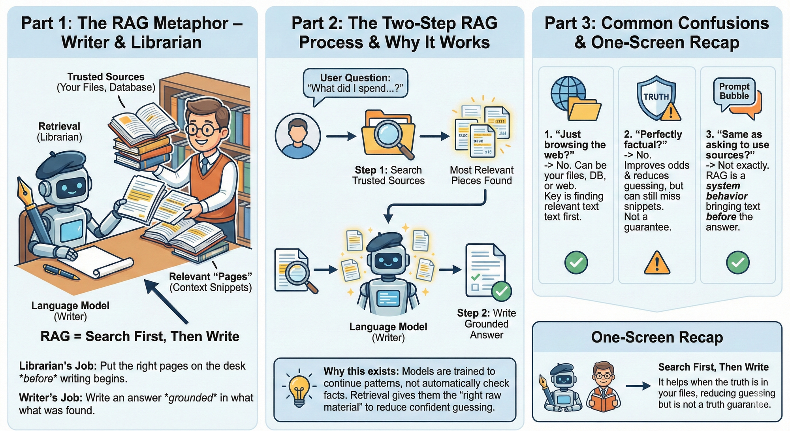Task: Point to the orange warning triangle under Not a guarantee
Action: (x=656, y=263)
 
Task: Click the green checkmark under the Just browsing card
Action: (x=576, y=262)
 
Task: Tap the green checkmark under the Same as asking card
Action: (x=737, y=262)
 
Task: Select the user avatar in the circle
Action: (x=298, y=136)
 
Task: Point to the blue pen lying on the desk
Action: (x=61, y=272)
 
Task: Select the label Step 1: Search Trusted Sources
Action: (x=388, y=175)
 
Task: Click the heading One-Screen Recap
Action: (x=657, y=337)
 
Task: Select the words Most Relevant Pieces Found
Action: (x=482, y=175)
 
